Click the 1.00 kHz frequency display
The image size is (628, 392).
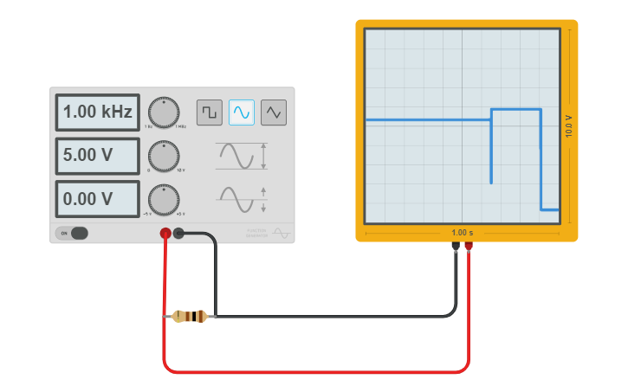(97, 112)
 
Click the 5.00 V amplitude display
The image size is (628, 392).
(97, 156)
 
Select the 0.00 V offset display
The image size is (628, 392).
(97, 199)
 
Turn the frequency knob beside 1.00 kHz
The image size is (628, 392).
(164, 112)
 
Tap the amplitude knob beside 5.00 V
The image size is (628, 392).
(164, 156)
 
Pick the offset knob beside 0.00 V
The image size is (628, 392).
(164, 199)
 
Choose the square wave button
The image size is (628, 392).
(209, 112)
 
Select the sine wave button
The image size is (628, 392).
(242, 112)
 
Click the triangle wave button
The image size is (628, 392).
(274, 112)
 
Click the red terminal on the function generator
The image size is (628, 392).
(165, 233)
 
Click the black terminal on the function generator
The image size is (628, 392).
(178, 232)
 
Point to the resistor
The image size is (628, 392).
(190, 316)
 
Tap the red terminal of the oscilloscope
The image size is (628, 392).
(469, 246)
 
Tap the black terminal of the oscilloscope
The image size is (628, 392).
(456, 246)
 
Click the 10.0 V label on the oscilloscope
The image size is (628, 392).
(569, 126)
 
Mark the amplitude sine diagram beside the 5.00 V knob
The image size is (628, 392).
(241, 157)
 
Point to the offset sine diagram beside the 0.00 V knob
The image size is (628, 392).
(241, 199)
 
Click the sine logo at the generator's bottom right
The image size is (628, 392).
(281, 232)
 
